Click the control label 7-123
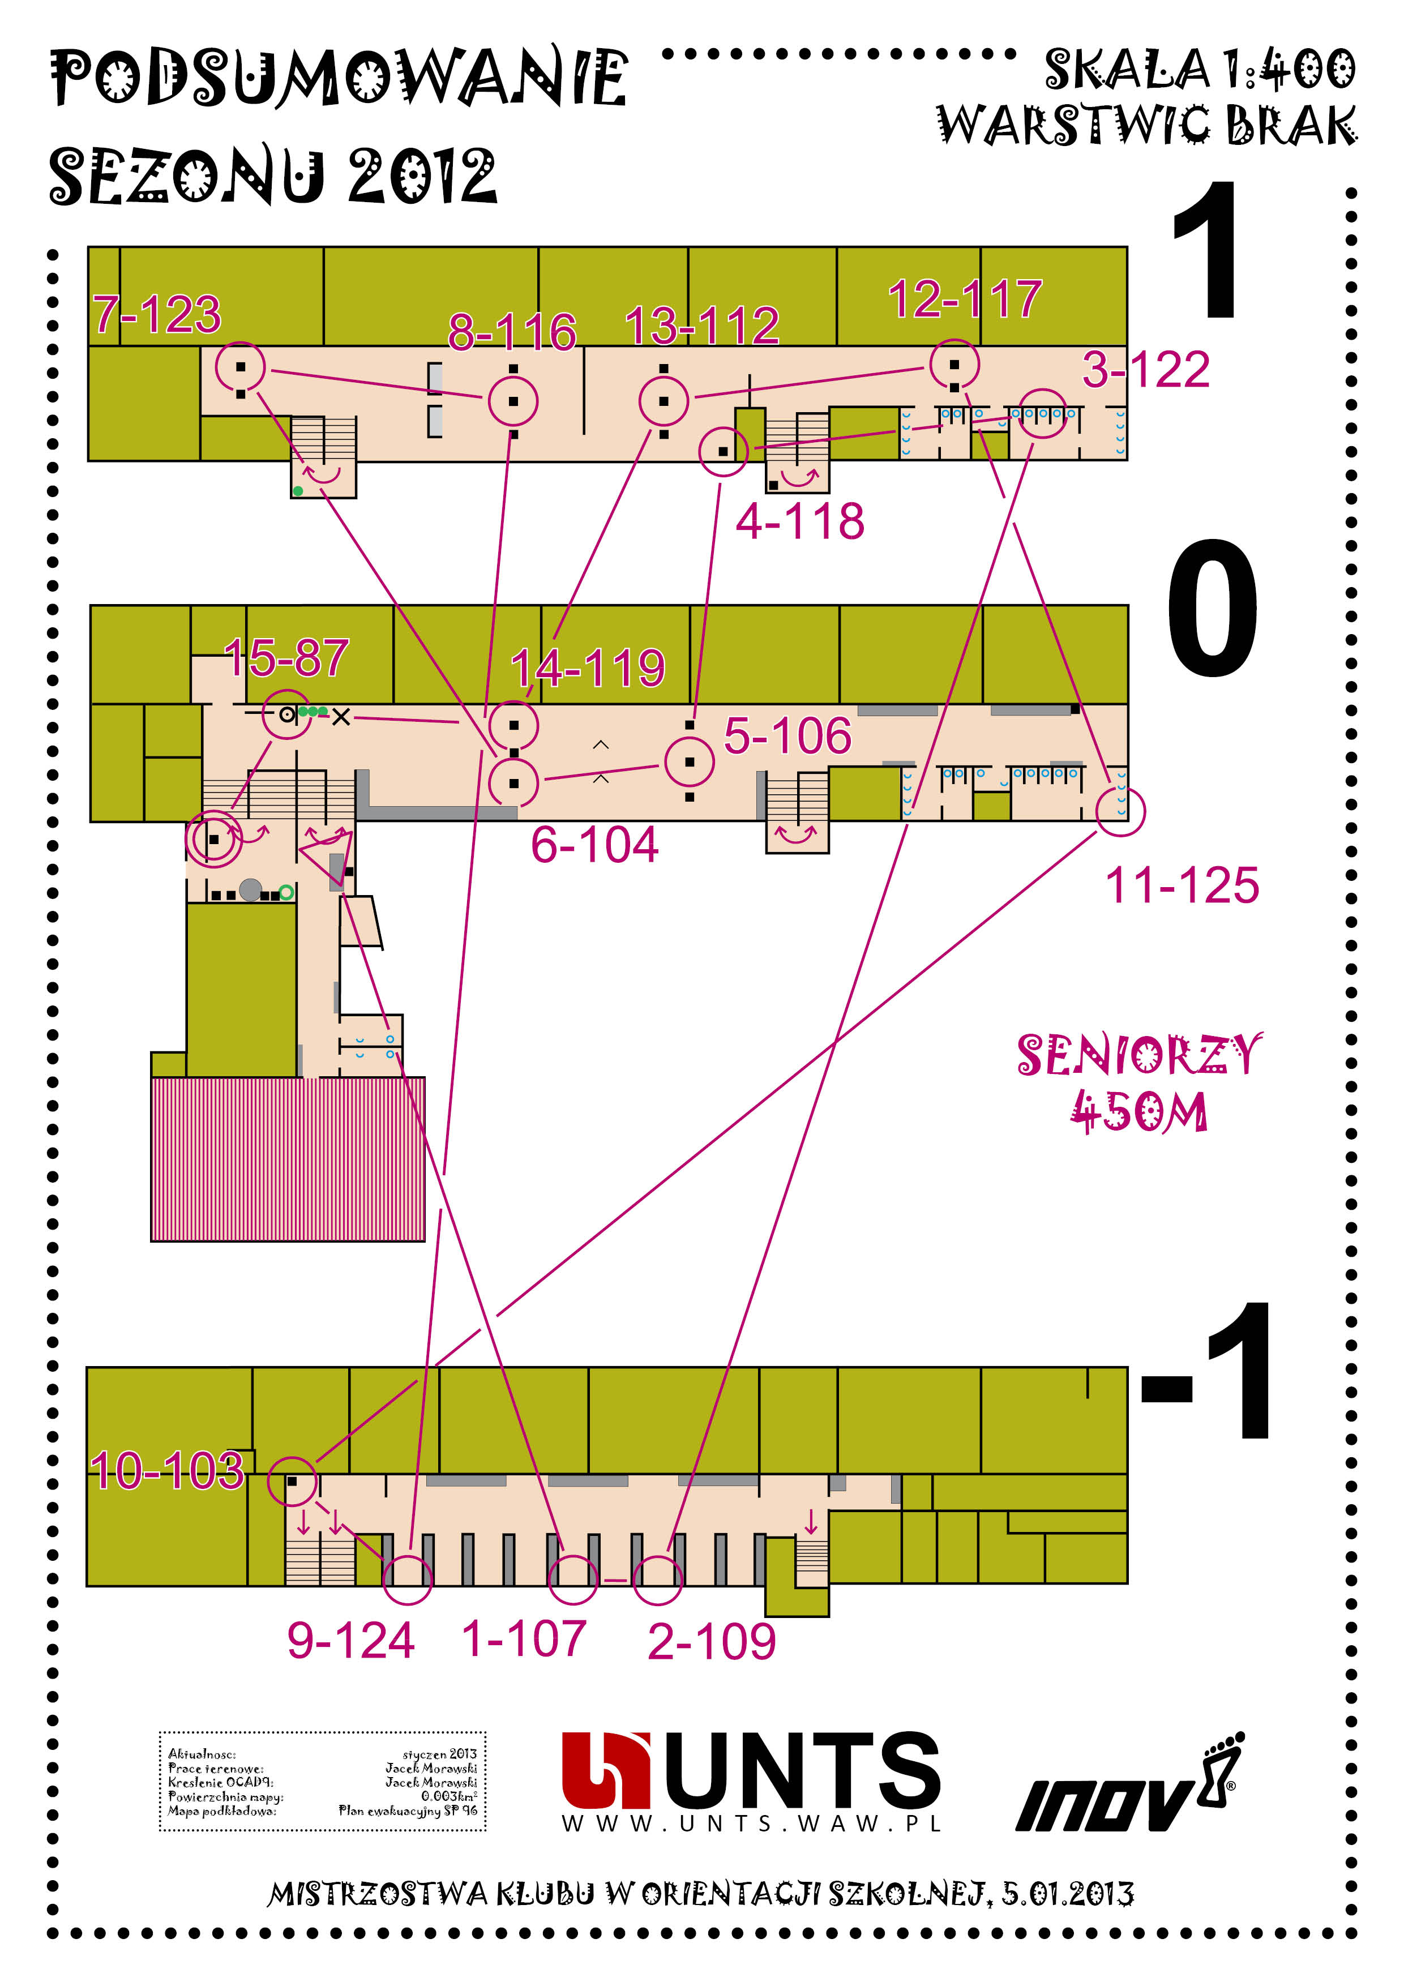point(157,314)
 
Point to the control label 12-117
point(965,299)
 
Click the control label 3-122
point(1145,370)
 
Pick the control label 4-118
point(799,521)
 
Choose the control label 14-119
point(588,668)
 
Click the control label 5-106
point(787,736)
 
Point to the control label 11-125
point(1182,886)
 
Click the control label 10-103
point(167,1470)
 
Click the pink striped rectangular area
point(287,1158)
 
